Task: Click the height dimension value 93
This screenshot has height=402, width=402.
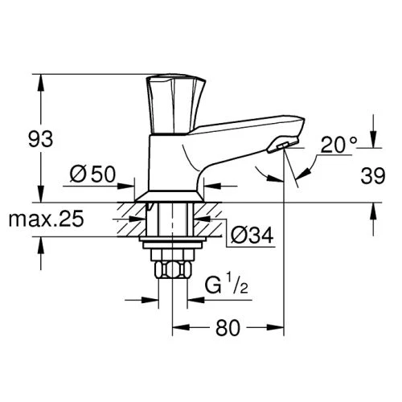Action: [x=41, y=139]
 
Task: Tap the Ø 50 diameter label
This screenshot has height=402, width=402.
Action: [x=92, y=174]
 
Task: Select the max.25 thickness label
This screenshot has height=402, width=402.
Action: [x=47, y=219]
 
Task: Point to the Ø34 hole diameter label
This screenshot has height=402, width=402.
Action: [x=252, y=235]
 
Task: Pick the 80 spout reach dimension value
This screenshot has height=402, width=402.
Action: [x=228, y=327]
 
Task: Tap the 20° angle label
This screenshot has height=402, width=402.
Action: [x=339, y=145]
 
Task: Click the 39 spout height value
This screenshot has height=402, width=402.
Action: [x=373, y=175]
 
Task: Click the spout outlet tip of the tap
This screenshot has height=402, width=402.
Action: [x=283, y=146]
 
